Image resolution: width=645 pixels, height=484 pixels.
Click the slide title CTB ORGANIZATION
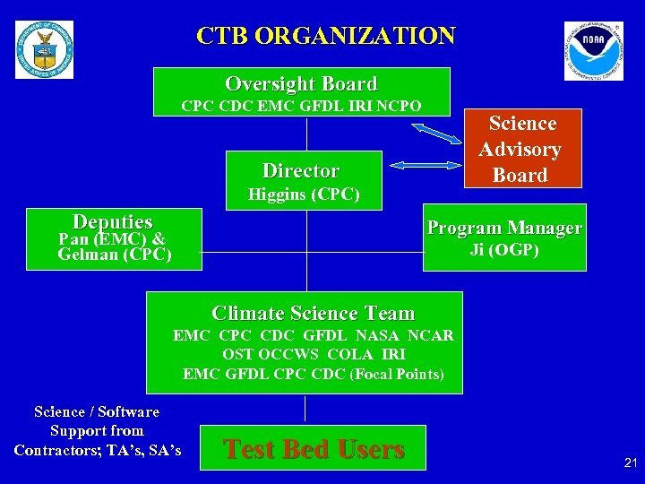(326, 36)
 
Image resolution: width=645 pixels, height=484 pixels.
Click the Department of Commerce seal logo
(45, 50)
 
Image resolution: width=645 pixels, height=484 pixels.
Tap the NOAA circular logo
(593, 51)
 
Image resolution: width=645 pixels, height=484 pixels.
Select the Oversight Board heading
(301, 84)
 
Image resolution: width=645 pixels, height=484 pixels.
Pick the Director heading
(301, 170)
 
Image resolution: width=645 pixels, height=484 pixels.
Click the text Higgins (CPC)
(304, 194)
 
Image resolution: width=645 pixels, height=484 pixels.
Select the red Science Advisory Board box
(521, 149)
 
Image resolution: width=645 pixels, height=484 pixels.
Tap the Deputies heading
(113, 221)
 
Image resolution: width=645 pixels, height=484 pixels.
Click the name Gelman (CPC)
(115, 255)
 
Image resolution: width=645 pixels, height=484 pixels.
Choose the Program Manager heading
(504, 228)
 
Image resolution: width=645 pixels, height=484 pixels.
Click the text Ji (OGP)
(504, 250)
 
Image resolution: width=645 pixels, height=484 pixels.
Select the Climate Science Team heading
(313, 313)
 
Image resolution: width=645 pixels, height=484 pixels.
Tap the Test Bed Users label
(313, 448)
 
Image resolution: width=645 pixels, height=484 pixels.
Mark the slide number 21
(630, 462)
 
